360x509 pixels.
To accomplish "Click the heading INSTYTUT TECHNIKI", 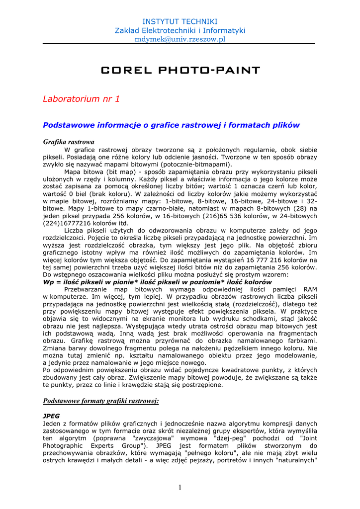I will click(x=180, y=21).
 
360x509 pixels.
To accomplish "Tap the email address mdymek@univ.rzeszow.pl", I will click(x=180, y=39).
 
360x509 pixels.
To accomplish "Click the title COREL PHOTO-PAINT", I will click(x=180, y=70).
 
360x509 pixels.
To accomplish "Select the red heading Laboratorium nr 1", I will click(x=82, y=99).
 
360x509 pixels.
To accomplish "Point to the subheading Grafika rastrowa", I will click(x=69, y=142).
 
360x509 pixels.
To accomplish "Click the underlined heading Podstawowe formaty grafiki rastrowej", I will click(x=101, y=400).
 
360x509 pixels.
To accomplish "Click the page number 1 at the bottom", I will click(x=180, y=487).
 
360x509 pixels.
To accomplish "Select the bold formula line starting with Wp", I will click(x=158, y=282).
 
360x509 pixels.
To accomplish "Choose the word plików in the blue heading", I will click(x=286, y=125).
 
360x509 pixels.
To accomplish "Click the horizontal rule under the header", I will click(x=179, y=44).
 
